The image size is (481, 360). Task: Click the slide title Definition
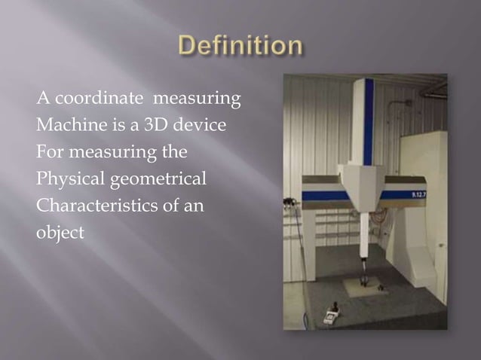pyautogui.click(x=240, y=47)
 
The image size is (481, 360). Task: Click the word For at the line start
pyautogui.click(x=49, y=153)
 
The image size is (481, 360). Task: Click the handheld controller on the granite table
pyautogui.click(x=330, y=316)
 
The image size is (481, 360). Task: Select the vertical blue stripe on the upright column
pyautogui.click(x=368, y=121)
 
